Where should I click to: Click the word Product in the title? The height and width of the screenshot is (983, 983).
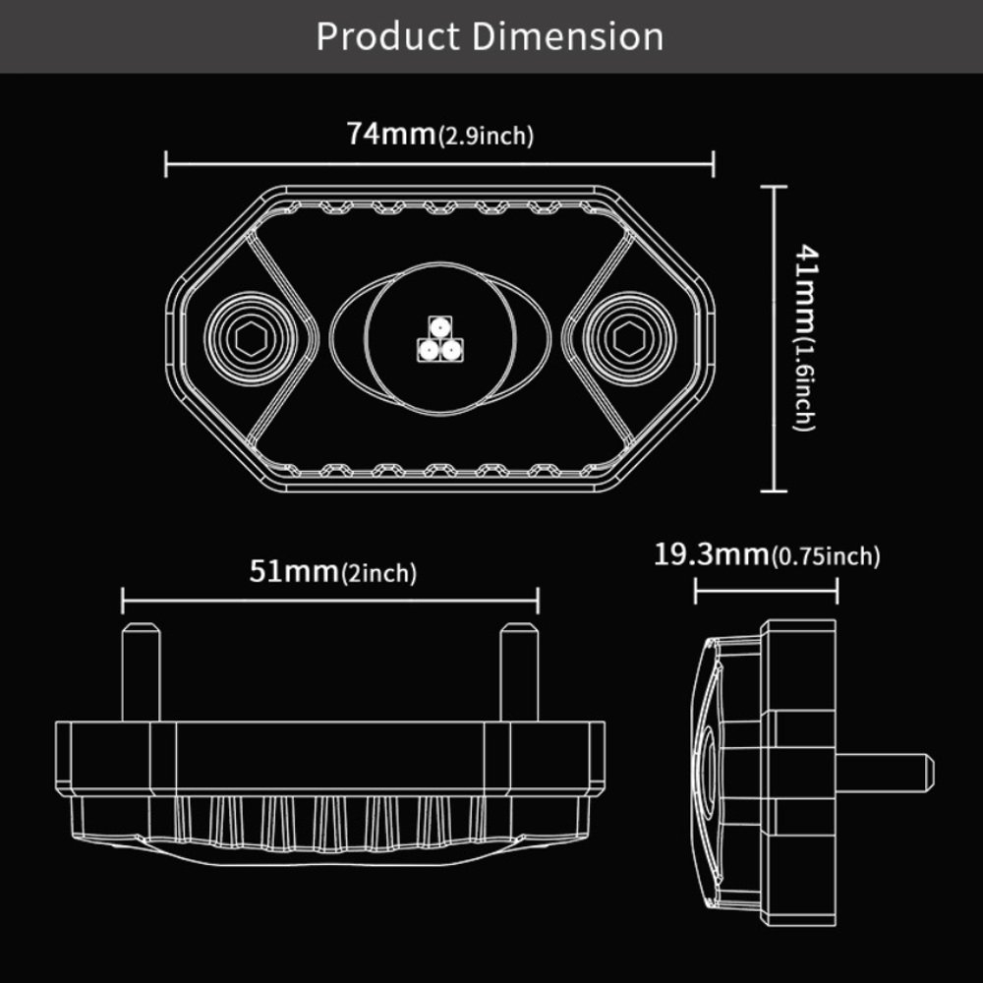click(388, 36)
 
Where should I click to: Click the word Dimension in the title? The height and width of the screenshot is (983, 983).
click(568, 36)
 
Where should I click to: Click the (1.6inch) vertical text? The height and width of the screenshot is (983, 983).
click(804, 385)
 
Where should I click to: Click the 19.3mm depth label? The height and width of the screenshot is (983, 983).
click(712, 554)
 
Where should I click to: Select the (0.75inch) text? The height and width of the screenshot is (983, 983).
click(826, 557)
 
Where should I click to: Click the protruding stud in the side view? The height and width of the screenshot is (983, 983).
click(890, 773)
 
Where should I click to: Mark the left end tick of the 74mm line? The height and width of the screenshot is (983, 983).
click(166, 164)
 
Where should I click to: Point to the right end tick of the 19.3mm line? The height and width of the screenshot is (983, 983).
click(837, 591)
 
